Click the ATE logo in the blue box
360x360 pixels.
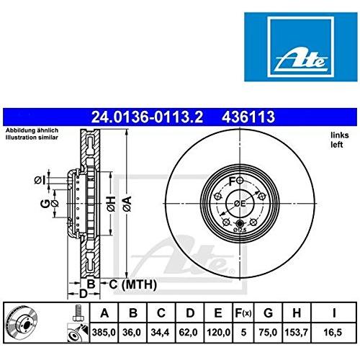301,47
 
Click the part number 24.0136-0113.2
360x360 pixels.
147,117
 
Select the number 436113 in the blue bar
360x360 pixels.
248,117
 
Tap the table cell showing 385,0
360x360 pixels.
104,333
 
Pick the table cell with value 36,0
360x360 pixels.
133,333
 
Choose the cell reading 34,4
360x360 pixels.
160,333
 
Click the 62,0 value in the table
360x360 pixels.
189,333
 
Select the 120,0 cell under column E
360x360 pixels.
218,333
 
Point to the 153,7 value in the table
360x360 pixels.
296,333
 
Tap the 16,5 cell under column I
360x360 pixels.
333,333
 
